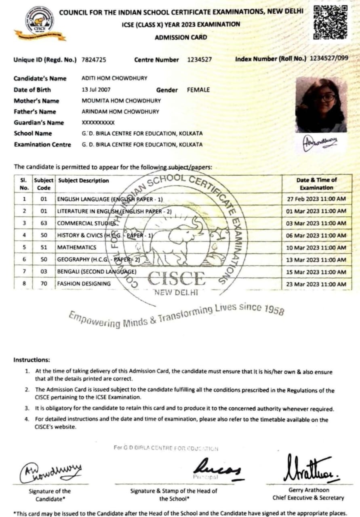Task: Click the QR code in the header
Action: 330,22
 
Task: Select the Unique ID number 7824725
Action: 94,60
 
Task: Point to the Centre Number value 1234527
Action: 200,60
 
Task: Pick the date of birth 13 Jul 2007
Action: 96,90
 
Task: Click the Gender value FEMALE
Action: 198,90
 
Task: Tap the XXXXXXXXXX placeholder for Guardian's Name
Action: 98,122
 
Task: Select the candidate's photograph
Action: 321,105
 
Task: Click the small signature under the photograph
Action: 320,143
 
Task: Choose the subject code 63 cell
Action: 44,223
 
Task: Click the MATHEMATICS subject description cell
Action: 77,247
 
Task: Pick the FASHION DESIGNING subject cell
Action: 84,284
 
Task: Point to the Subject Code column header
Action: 44,184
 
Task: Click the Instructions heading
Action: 32,359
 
